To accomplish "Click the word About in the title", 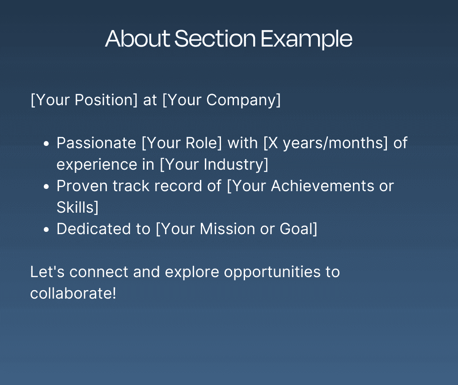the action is tap(138, 38).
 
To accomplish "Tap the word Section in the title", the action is tap(215, 38).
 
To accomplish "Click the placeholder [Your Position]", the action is tap(84, 100).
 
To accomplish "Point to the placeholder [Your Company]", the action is tap(221, 100).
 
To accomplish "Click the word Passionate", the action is tap(97, 143).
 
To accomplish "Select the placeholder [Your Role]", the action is tap(182, 143).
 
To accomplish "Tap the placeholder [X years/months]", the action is tap(326, 143).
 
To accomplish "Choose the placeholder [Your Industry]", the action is tap(214, 165).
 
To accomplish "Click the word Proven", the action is tap(82, 186).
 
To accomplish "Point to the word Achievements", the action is tap(322, 186).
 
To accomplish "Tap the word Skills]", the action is tap(77, 208).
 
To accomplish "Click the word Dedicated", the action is tap(93, 229).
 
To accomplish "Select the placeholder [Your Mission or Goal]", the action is tap(237, 229).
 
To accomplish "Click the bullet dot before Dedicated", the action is tap(46, 230).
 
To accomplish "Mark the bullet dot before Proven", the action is tap(46, 187).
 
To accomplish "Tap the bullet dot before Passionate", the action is tap(46, 144).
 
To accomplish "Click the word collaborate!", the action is tap(73, 293).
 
